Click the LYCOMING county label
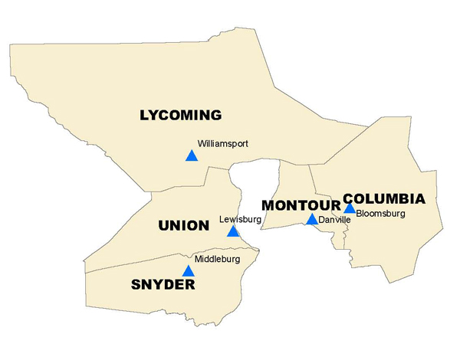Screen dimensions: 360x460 pyautogui.click(x=180, y=116)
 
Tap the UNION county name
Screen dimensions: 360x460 pyautogui.click(x=183, y=226)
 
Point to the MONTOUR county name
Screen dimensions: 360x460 pyautogui.click(x=300, y=205)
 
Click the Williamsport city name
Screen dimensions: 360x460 pyautogui.click(x=222, y=143)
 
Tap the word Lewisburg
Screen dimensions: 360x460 pyautogui.click(x=240, y=219)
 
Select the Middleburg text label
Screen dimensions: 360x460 pyautogui.click(x=218, y=260)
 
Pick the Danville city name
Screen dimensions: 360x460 pyautogui.click(x=334, y=220)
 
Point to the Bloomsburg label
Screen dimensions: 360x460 pyautogui.click(x=380, y=214)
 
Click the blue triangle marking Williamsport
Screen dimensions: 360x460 pyautogui.click(x=191, y=156)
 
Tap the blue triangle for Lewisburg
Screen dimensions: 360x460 pyautogui.click(x=233, y=231)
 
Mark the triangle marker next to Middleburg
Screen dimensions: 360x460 pyautogui.click(x=188, y=271)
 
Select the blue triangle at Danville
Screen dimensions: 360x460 pyautogui.click(x=311, y=220)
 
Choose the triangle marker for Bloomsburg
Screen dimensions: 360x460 pyautogui.click(x=350, y=208)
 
